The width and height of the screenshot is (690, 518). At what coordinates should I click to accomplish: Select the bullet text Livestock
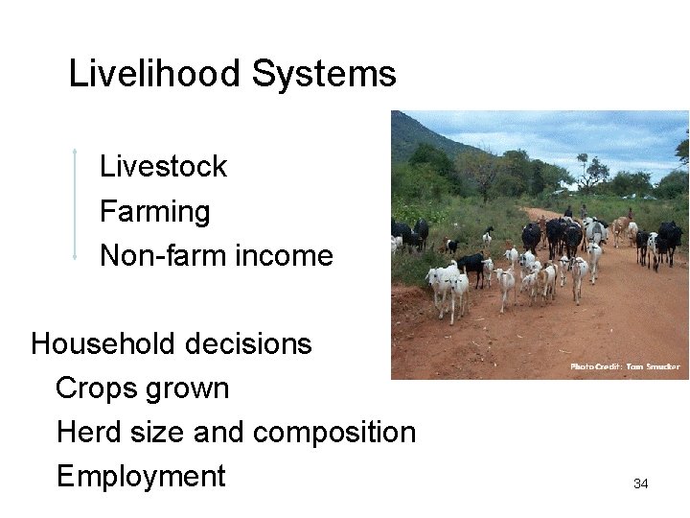(x=163, y=167)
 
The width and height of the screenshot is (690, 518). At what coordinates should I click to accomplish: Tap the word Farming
(x=154, y=211)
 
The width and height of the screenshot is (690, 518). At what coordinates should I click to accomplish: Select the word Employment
(x=141, y=477)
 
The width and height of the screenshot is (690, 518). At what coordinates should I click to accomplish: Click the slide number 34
(x=641, y=484)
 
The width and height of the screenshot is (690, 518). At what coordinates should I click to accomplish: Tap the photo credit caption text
(x=625, y=366)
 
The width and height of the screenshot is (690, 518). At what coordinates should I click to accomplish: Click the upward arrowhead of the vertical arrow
(x=74, y=151)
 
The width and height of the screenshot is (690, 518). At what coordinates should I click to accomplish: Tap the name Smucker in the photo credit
(x=662, y=366)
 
